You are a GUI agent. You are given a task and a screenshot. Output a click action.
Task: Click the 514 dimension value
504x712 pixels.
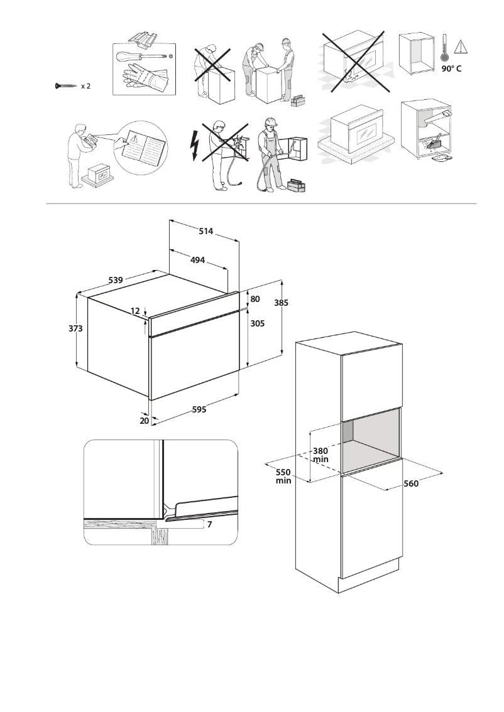click(205, 232)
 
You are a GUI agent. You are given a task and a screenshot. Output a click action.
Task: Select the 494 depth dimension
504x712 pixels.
click(198, 260)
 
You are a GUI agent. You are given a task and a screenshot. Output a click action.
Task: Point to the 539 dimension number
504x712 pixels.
click(115, 280)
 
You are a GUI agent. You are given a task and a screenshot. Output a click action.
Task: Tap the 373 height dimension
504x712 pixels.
click(76, 328)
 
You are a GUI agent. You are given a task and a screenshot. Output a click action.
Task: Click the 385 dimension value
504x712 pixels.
click(282, 303)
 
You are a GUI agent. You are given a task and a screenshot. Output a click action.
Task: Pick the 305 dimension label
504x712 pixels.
click(258, 323)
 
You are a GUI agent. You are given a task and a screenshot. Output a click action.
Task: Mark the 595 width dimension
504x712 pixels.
click(199, 409)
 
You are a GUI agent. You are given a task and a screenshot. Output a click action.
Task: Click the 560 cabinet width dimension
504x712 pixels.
click(411, 483)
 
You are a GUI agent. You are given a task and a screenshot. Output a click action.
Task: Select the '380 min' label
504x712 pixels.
click(320, 455)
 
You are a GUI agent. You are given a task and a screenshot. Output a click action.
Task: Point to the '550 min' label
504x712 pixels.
click(283, 476)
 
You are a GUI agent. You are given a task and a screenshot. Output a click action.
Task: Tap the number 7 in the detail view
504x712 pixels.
click(209, 524)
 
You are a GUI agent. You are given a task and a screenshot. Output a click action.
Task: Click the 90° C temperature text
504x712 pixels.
click(451, 68)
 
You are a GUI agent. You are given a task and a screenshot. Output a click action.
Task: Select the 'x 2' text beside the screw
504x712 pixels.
click(85, 86)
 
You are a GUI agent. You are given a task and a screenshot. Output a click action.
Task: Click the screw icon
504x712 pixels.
click(65, 86)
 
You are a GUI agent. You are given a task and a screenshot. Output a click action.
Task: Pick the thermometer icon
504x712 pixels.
click(444, 48)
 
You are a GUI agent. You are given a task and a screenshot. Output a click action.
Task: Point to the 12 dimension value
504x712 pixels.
click(136, 311)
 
